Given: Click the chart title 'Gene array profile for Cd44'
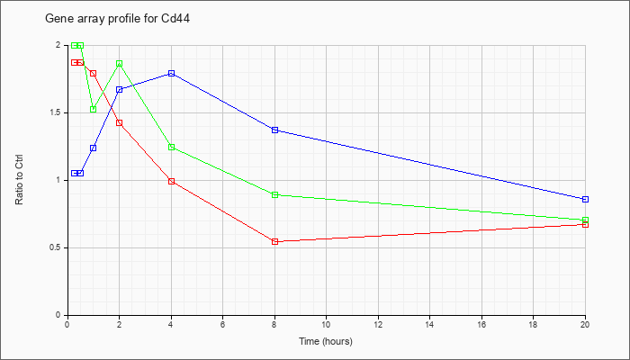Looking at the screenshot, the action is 117,19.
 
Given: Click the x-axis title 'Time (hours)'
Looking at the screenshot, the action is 326,341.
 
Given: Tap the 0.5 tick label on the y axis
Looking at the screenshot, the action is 60,247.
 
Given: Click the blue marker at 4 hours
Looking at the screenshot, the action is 172,74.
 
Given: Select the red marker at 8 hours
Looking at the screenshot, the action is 274,241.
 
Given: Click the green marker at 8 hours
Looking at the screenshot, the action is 274,195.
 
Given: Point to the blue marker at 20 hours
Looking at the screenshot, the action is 585,199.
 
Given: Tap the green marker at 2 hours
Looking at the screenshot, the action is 120,64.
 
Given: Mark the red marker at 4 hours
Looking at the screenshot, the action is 172,181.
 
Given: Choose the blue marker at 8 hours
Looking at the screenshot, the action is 274,130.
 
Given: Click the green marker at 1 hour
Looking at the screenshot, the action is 94,109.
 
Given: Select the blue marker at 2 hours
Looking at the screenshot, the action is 120,90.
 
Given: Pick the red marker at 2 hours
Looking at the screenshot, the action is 120,123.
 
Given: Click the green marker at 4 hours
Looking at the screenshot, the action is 172,147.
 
